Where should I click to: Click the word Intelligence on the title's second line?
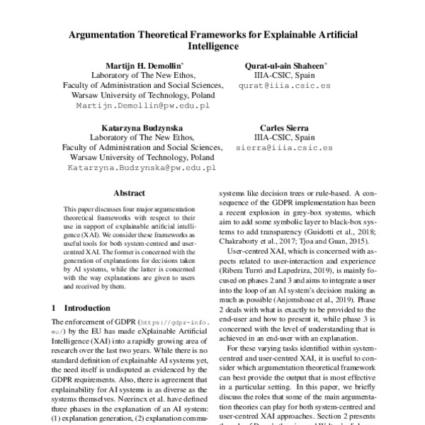click(212, 47)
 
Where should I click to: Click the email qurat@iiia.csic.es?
click(284, 84)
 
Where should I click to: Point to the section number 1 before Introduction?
click(55, 308)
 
